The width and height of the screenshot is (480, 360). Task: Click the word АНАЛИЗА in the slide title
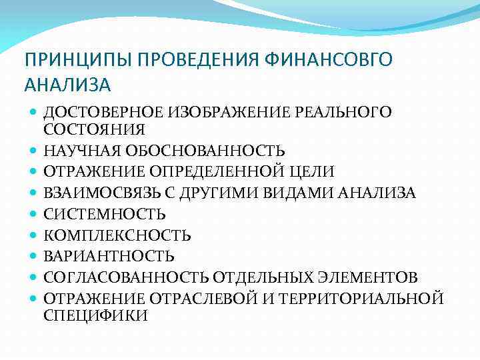[x=68, y=85]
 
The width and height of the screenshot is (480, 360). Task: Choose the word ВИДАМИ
[x=305, y=193]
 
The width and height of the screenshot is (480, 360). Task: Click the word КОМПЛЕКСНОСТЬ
[x=118, y=235]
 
